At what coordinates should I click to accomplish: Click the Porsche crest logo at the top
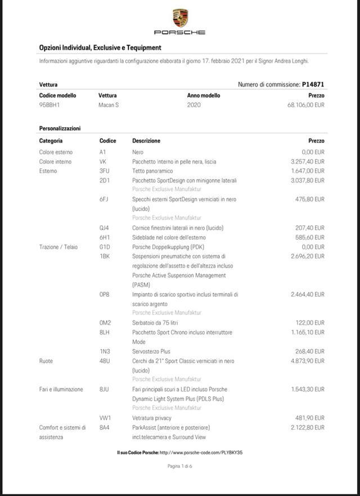[180, 18]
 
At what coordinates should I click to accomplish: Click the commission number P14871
[313, 84]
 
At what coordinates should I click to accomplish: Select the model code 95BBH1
[49, 105]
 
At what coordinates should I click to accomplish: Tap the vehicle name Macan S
[109, 105]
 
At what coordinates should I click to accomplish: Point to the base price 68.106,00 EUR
[305, 105]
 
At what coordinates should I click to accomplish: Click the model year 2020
[194, 105]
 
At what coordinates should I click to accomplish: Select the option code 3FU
[104, 171]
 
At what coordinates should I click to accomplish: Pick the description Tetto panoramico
[152, 171]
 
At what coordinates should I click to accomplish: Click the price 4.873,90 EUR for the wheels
[308, 361]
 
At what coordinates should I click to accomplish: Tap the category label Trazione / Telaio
[58, 247]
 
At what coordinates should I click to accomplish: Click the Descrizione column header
[146, 141]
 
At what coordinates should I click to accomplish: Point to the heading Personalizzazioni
[60, 128]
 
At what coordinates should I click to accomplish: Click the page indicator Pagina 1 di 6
[180, 466]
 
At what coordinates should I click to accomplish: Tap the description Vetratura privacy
[152, 418]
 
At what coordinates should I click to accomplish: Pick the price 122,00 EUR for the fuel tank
[311, 323]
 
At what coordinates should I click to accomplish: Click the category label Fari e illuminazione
[61, 389]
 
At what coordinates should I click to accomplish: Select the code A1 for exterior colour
[102, 152]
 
